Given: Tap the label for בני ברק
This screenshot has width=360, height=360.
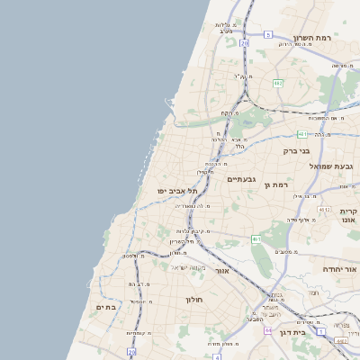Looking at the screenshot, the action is pos(296,151).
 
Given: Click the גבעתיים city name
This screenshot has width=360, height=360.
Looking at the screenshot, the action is pos(241,179).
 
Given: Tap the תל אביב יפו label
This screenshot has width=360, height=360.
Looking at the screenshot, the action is pos(170,191).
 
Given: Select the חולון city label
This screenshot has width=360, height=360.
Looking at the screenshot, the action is pos(195,299).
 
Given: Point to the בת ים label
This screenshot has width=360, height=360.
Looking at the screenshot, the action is pos(106,307).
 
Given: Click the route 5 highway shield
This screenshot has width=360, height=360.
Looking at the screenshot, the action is pos(267,34).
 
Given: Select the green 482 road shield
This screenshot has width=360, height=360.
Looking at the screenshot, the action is pos(278,83).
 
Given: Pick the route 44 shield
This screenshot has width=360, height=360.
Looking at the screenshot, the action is pos(268,331).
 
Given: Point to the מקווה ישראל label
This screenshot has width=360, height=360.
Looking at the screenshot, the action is pos(188,267).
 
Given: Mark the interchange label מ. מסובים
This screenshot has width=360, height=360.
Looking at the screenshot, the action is pos(287,251).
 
